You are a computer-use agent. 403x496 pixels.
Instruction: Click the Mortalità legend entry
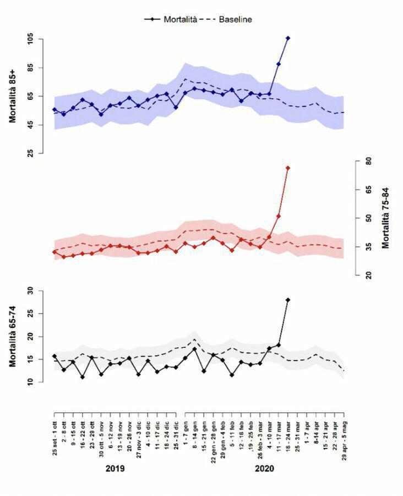pyautogui.click(x=171, y=19)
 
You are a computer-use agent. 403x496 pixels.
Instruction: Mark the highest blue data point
pyautogui.click(x=288, y=38)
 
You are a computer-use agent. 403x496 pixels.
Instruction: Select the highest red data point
pyautogui.click(x=288, y=168)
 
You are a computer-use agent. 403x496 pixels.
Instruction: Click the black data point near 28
pyautogui.click(x=288, y=300)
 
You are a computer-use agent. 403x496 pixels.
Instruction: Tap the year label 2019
pyautogui.click(x=115, y=468)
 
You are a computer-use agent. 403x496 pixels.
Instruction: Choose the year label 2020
pyautogui.click(x=265, y=468)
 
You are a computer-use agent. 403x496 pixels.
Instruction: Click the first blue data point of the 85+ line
pyautogui.click(x=55, y=110)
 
